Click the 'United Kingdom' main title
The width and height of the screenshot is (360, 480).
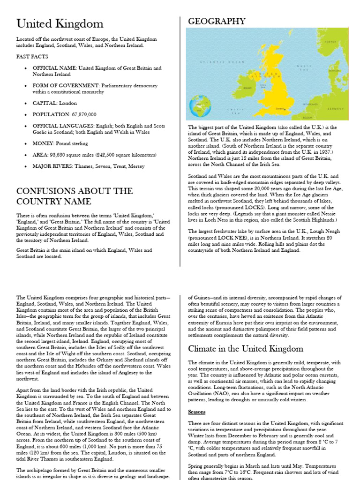coord(60,24)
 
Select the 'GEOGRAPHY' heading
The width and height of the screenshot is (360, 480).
coord(216,21)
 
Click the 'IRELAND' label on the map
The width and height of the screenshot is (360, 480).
coord(247,88)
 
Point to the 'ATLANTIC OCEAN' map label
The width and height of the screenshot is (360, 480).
coord(216,61)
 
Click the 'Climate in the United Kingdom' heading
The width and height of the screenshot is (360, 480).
coord(246,349)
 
